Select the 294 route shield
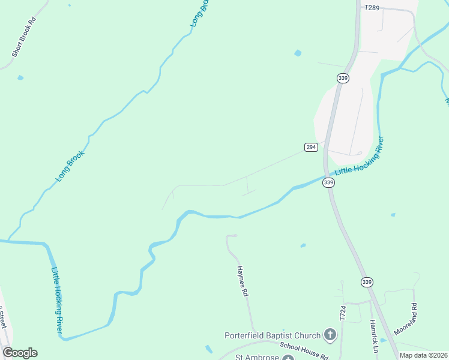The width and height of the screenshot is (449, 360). [x=311, y=147]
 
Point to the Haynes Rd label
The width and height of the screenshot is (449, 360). [x=242, y=281]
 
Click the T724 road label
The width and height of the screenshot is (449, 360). [x=343, y=313]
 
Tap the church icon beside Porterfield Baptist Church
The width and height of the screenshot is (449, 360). [x=330, y=334]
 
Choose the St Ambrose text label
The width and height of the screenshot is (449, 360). [x=256, y=357]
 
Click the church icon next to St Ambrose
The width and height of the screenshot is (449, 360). [x=289, y=358]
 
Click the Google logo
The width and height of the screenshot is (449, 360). [x=20, y=353]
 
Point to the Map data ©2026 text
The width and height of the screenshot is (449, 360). [x=424, y=355]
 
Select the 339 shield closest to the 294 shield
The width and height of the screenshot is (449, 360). [x=328, y=182]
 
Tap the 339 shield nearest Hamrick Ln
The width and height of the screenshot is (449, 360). [x=367, y=281]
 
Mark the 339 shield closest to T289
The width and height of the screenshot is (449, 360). [x=343, y=78]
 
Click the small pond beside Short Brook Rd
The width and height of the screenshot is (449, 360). [x=20, y=77]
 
